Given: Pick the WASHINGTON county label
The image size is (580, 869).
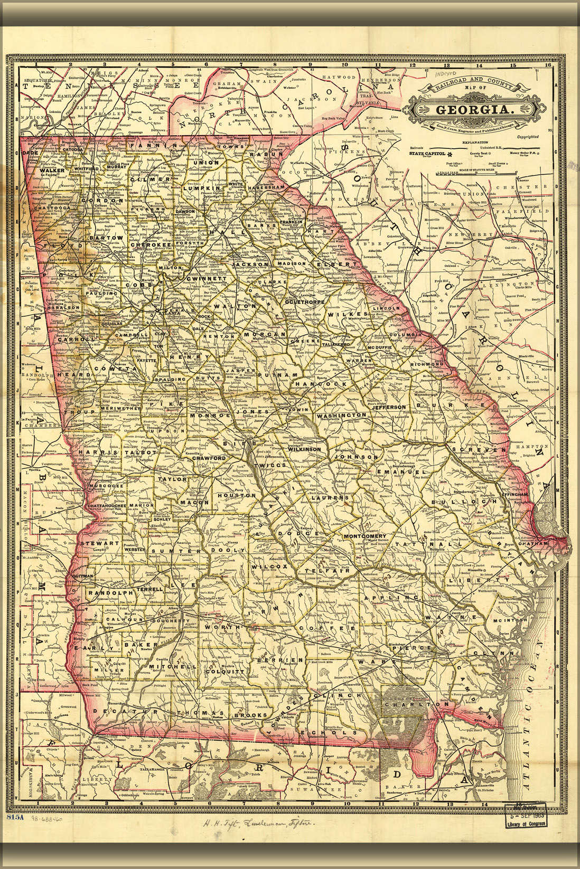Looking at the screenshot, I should [341, 415].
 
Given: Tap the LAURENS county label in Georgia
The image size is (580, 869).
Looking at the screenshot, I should [331, 497].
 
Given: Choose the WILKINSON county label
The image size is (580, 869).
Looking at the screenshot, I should [305, 449].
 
